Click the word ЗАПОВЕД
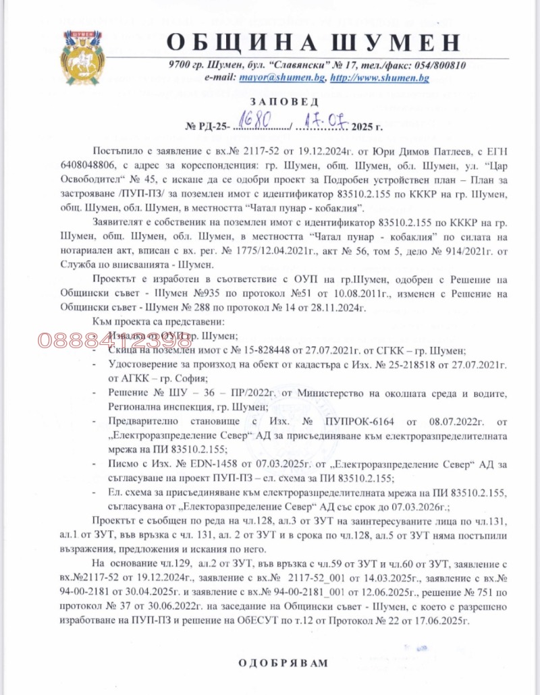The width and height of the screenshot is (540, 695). point(279,101)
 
